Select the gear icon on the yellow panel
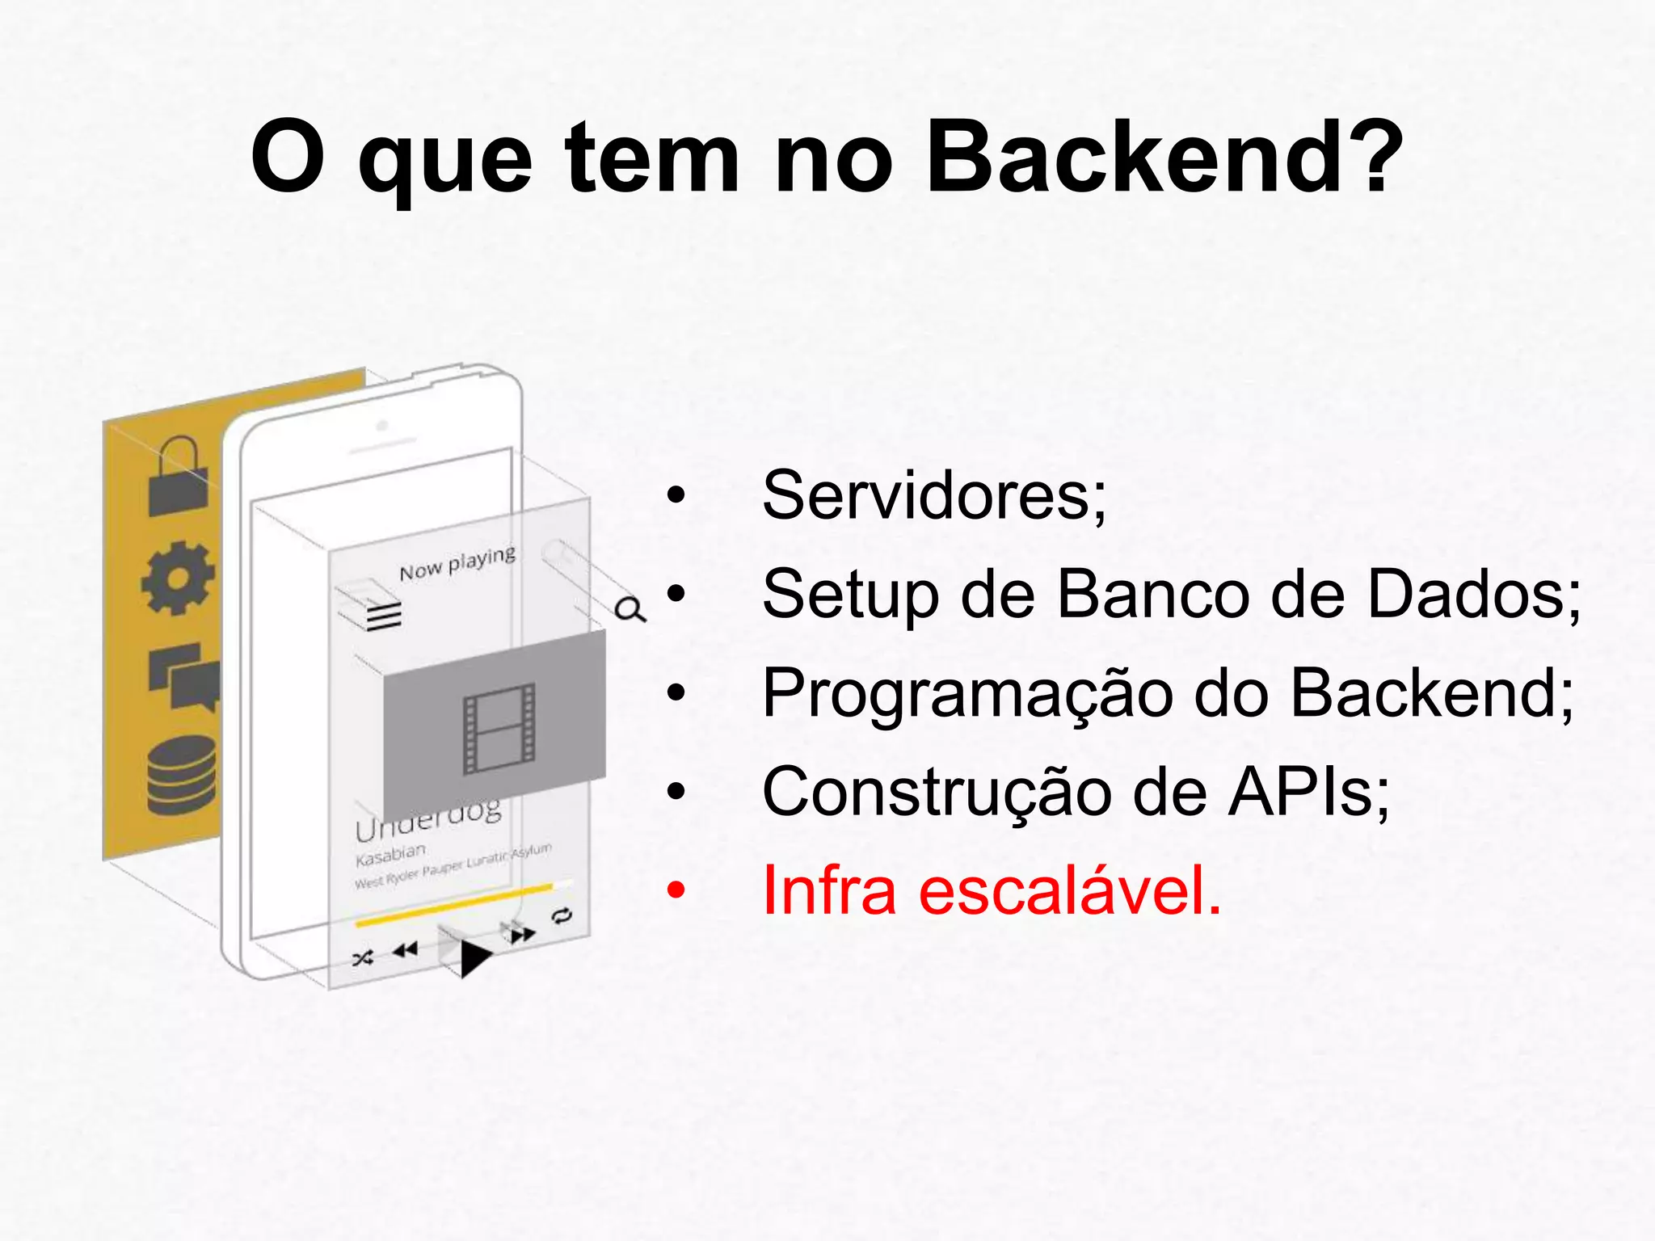click(178, 578)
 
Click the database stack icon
click(182, 775)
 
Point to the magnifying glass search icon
click(630, 609)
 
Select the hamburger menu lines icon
click(384, 616)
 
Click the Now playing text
click(457, 563)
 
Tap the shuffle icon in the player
click(363, 959)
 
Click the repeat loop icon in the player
click(562, 915)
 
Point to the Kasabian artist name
click(390, 854)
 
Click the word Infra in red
click(829, 890)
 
